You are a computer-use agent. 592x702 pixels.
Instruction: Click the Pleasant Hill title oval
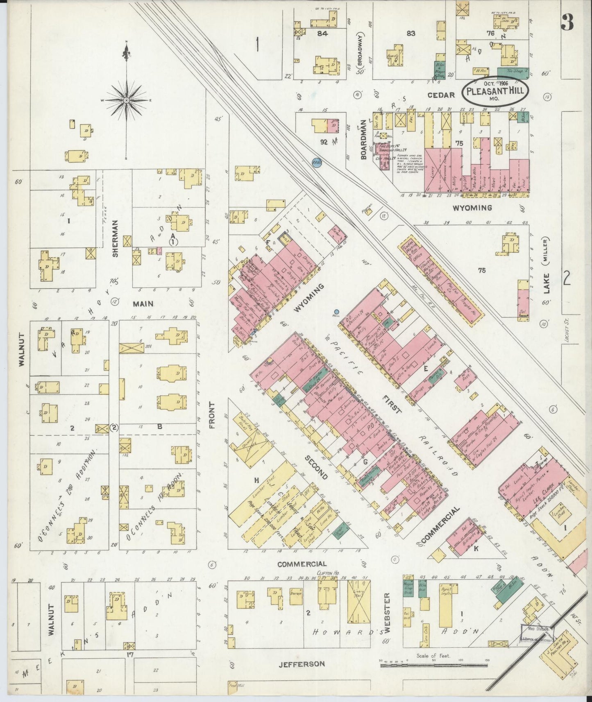(x=495, y=91)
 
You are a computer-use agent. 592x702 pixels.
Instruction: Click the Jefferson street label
(x=302, y=664)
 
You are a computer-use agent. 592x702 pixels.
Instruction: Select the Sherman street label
(x=115, y=244)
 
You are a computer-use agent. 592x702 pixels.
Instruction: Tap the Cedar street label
(x=441, y=95)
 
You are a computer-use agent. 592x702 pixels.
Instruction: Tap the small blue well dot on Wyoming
(x=337, y=312)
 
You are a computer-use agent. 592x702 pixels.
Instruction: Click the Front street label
(x=211, y=414)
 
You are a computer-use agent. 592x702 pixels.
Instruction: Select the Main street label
(x=143, y=304)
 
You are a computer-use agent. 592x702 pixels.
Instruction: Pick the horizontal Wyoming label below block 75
(x=472, y=208)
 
